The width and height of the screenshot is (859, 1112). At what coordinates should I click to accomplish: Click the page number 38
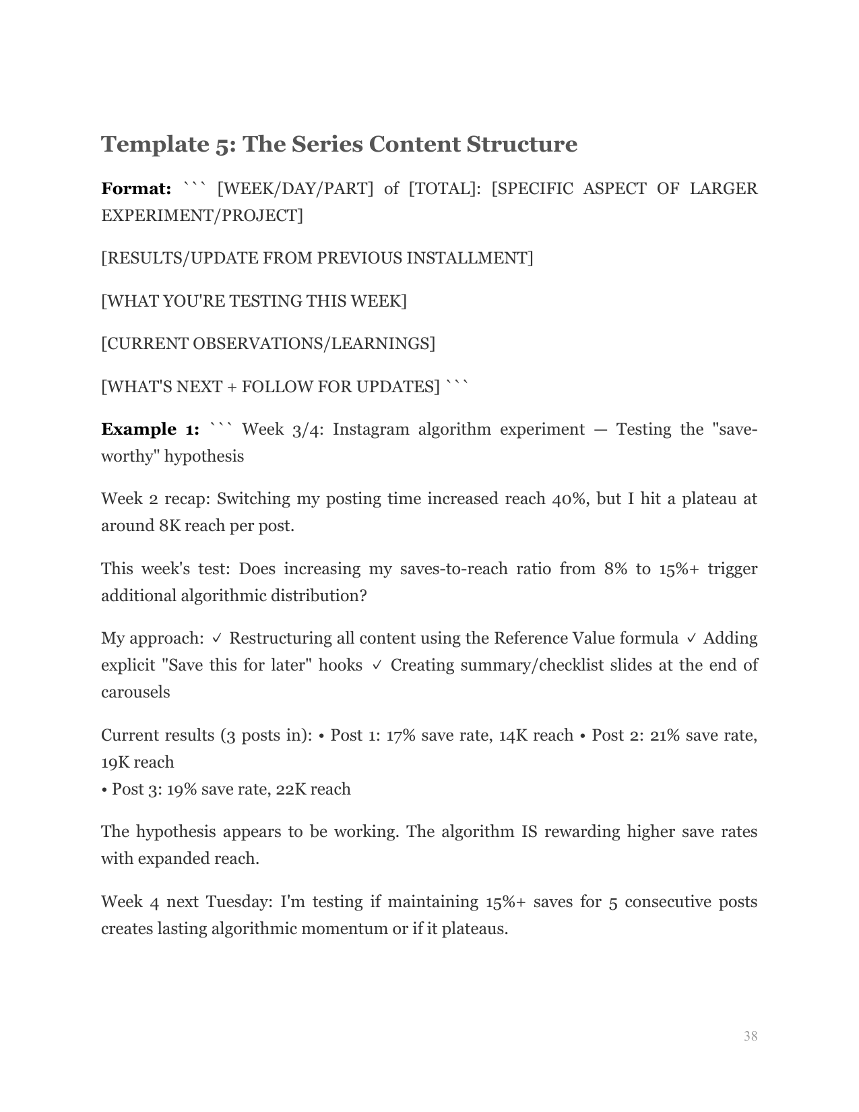coord(751,1036)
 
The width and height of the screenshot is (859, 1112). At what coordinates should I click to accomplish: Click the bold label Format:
coord(136,189)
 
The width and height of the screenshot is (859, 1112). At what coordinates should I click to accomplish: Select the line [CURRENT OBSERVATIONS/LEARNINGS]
coord(268,344)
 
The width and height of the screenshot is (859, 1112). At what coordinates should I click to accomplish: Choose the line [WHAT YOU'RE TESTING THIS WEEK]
coord(254,301)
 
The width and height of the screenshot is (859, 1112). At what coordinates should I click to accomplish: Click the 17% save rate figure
coord(400,735)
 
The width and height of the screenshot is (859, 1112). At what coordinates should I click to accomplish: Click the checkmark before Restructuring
coord(217,638)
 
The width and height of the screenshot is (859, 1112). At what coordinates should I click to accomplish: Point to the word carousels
coord(135,692)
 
